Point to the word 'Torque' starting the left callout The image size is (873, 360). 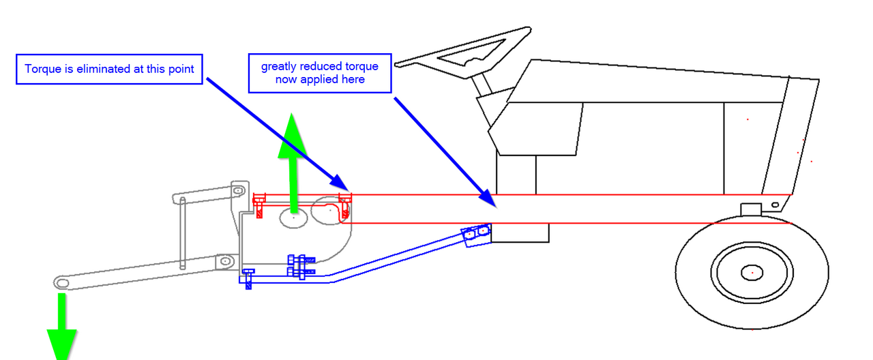[43, 70]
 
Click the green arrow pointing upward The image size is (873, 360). [293, 163]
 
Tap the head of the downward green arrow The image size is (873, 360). [61, 345]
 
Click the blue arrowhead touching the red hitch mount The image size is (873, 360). [340, 183]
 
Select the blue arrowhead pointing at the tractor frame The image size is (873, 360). [488, 198]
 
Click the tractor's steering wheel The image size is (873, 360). [464, 52]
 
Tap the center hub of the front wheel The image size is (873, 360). [752, 273]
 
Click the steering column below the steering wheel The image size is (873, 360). [482, 84]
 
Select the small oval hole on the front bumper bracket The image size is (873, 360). [775, 205]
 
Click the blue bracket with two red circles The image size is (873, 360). [476, 235]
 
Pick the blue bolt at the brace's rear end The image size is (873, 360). [248, 279]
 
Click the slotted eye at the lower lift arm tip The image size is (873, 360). [61, 283]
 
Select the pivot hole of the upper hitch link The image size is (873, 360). [238, 192]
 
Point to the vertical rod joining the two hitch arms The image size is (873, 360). [182, 233]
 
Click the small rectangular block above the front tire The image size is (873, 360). [751, 209]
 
